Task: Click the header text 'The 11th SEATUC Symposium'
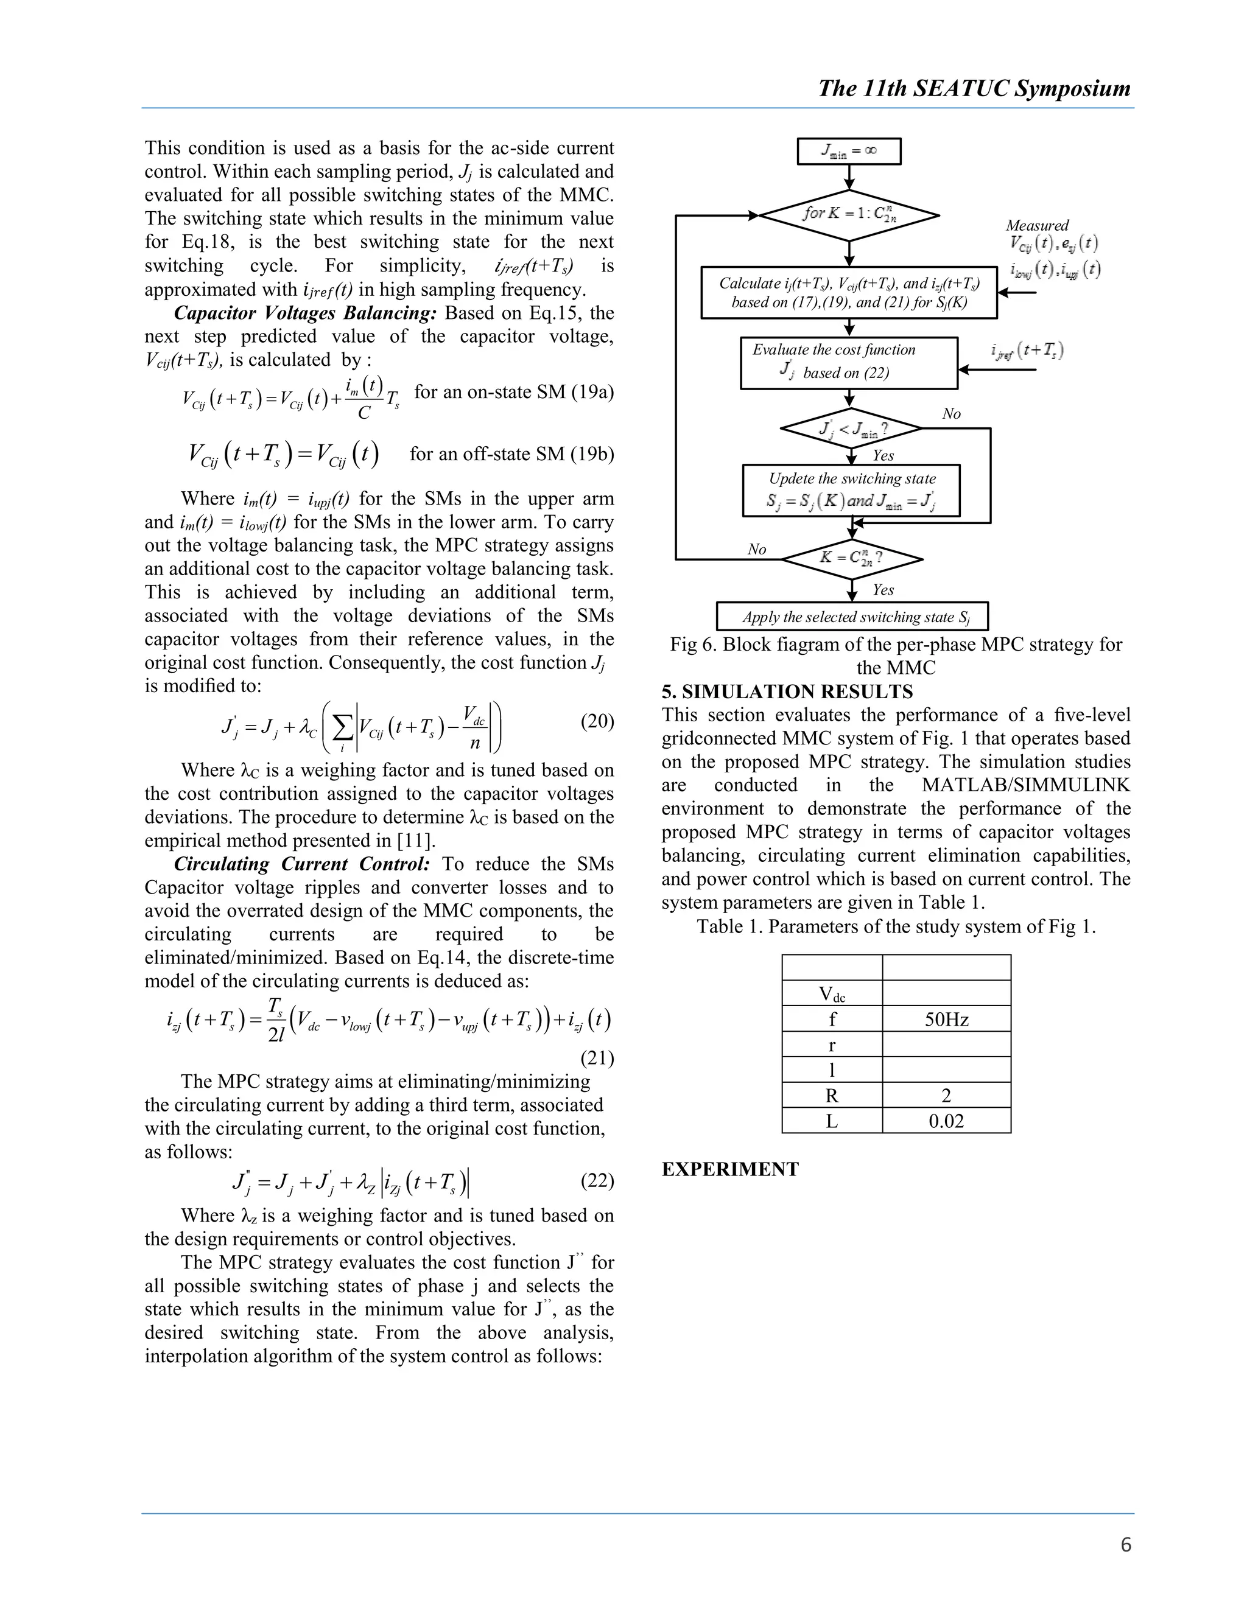click(x=974, y=89)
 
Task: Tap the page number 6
click(x=1125, y=1545)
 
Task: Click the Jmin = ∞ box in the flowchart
click(x=849, y=152)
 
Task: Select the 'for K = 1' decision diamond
click(x=849, y=215)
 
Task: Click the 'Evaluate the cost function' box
click(x=849, y=363)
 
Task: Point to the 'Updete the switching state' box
click(x=851, y=489)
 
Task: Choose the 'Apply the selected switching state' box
click(x=852, y=617)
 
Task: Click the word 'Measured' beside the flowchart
click(x=1036, y=225)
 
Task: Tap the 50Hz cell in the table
click(x=946, y=1020)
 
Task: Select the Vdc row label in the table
click(x=832, y=994)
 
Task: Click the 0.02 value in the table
click(x=946, y=1121)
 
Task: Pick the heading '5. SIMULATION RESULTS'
click(x=787, y=692)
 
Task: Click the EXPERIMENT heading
click(x=730, y=1169)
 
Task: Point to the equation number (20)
click(x=597, y=721)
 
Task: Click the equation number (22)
click(x=597, y=1181)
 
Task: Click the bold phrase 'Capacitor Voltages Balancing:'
click(x=306, y=313)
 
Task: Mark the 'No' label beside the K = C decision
click(x=756, y=550)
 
